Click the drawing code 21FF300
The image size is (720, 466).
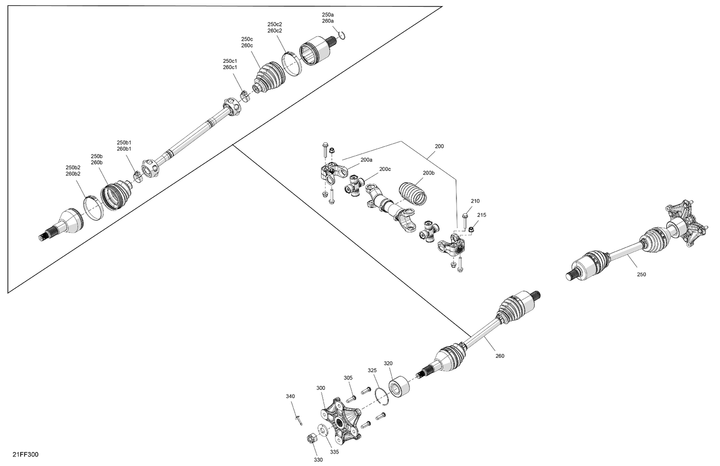(25, 454)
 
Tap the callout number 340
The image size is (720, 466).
(290, 396)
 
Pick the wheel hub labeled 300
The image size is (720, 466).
(340, 420)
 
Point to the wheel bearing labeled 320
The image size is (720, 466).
(399, 386)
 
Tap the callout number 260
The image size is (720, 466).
(500, 356)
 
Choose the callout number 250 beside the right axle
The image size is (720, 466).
(641, 274)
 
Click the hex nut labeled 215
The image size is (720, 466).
(471, 229)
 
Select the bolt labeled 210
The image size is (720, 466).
(465, 221)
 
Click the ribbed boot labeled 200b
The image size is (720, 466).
(413, 194)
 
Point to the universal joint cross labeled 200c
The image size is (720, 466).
(355, 186)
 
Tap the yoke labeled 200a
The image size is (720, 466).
(333, 173)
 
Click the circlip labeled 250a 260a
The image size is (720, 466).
(342, 35)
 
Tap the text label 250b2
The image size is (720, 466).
(73, 167)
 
